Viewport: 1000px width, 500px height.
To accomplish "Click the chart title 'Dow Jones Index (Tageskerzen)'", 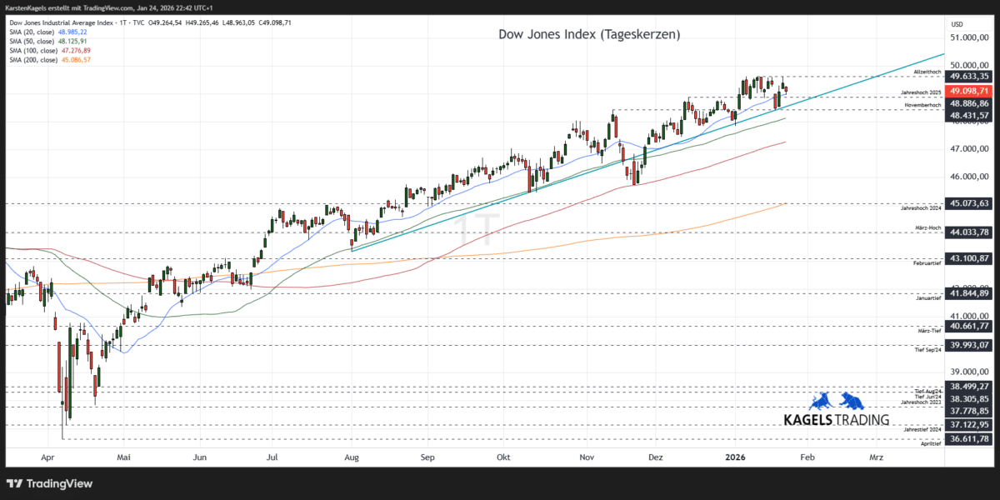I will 589,34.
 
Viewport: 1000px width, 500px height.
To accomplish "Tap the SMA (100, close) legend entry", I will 48,50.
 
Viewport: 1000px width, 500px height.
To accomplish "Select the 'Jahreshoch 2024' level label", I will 921,207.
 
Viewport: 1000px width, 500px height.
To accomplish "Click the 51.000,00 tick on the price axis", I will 969,37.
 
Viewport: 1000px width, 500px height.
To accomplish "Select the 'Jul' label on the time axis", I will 272,457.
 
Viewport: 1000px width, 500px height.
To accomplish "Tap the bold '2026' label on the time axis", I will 734,457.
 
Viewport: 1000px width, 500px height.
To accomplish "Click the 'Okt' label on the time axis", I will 502,457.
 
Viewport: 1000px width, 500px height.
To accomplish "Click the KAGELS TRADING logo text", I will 837,419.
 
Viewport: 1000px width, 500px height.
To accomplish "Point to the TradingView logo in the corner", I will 50,483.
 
